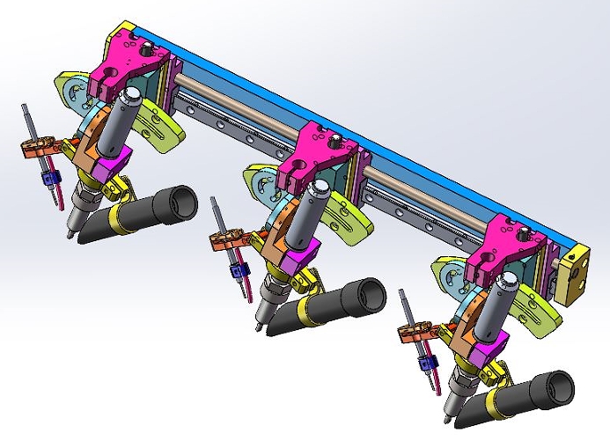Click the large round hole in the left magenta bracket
[x=112, y=70]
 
